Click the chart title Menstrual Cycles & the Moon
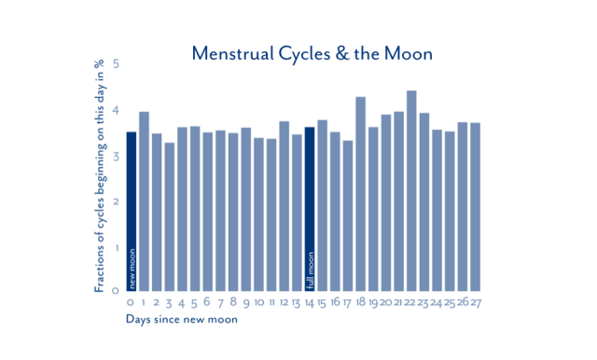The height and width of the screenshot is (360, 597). [x=312, y=53]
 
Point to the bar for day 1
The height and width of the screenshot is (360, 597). [x=145, y=201]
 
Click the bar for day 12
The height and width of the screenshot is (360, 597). [x=284, y=206]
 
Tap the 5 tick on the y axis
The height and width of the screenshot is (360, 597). [x=116, y=64]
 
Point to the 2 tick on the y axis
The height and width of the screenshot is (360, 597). [x=116, y=201]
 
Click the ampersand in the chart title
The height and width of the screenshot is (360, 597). [x=340, y=53]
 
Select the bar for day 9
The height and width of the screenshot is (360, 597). [x=246, y=209]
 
